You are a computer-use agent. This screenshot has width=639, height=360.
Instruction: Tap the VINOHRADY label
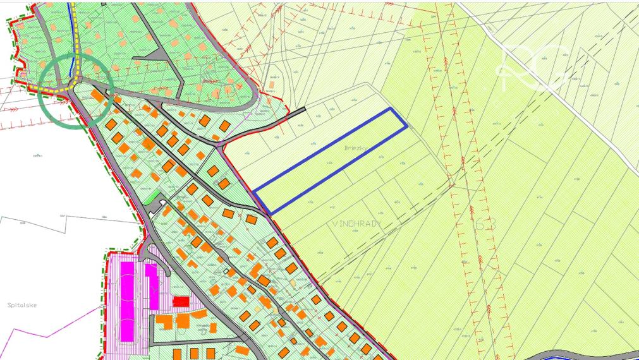click(x=357, y=223)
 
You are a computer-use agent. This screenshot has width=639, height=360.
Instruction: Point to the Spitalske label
click(x=22, y=305)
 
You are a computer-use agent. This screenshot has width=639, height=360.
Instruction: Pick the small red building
click(x=181, y=301)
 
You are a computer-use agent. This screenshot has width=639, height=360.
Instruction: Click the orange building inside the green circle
click(x=97, y=95)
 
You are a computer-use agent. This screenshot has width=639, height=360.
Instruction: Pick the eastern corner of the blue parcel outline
click(x=406, y=127)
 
